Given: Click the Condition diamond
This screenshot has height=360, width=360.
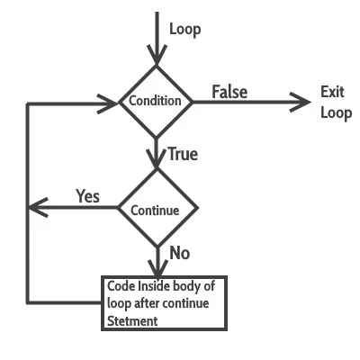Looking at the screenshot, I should point(157,101).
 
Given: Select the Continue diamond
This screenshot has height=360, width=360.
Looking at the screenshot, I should point(157,209).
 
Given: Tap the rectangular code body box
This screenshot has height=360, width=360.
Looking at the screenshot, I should point(163,303).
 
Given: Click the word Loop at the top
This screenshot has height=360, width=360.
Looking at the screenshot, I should point(184,30).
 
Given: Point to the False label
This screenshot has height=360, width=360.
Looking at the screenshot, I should point(229,92).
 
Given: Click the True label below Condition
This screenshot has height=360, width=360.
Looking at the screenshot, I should point(182,154).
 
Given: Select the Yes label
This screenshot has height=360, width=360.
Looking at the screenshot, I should point(87,196).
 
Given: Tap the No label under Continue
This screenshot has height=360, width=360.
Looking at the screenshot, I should point(179,253).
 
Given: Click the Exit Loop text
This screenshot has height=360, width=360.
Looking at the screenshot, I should point(336,103).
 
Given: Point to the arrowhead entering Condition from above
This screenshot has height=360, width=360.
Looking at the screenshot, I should point(157,56).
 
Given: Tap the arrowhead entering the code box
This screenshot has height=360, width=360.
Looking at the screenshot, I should point(157,269).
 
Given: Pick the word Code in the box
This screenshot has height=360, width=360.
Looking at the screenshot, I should point(121,287).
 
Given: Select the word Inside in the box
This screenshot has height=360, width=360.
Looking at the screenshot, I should point(155,287).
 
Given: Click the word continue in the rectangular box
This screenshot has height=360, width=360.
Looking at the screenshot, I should point(185,303).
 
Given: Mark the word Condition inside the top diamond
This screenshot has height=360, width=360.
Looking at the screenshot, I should point(156,101).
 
